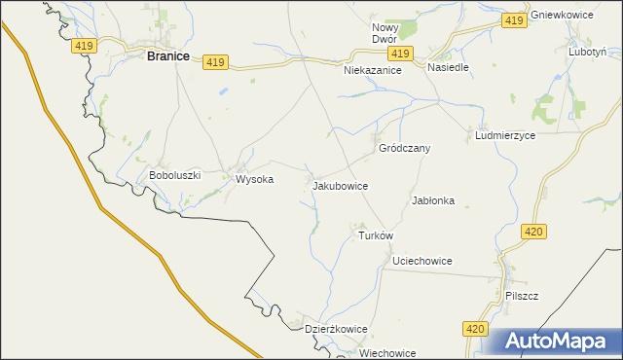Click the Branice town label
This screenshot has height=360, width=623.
pos(167,56)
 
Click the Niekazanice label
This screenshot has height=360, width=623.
pos(374,71)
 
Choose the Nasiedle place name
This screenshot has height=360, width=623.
pos(448,68)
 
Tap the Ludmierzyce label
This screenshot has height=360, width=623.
pos(505,136)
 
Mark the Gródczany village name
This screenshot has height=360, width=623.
pos(404,149)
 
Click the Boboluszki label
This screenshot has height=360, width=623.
pos(174,175)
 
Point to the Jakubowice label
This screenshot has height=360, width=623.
pos(340,184)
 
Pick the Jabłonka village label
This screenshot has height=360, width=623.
pos(433,200)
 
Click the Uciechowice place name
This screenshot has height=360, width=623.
pos(421,261)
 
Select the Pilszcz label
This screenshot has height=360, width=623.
pos(523,295)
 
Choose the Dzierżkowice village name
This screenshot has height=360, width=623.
pos(336,329)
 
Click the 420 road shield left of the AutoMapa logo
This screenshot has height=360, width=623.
pos(474,330)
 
